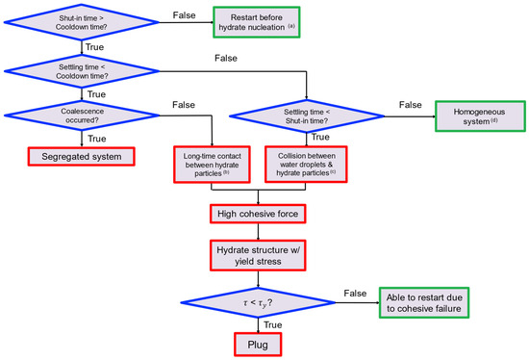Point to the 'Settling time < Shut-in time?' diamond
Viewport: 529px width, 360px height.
click(305, 116)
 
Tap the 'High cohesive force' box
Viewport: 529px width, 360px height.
click(257, 210)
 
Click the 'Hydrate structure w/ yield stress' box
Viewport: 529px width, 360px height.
click(257, 253)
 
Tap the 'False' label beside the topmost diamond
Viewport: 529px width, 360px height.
click(186, 14)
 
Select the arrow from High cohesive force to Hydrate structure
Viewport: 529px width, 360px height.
click(257, 228)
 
